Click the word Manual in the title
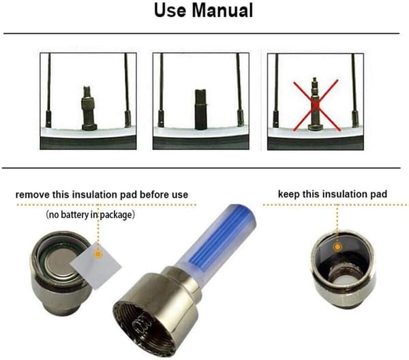[222, 10]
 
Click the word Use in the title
[170, 10]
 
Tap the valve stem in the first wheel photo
[89, 108]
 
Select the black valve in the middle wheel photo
[200, 109]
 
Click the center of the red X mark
[316, 105]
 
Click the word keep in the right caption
[289, 194]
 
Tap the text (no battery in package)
[90, 215]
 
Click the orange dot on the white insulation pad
[97, 254]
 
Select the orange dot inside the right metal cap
[337, 247]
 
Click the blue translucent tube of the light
[217, 237]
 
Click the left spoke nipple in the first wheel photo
[49, 119]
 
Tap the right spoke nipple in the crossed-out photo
[355, 119]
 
